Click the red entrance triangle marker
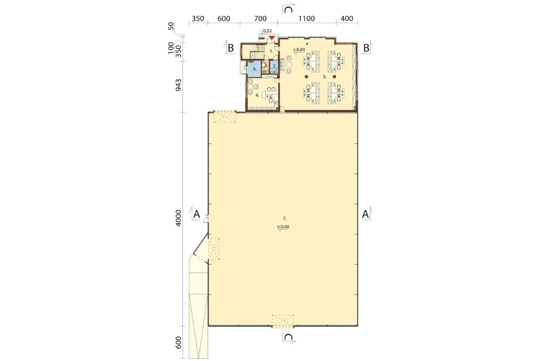click(272, 37)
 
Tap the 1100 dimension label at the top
click(306, 19)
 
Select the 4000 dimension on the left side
click(178, 218)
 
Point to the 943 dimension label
click(178, 85)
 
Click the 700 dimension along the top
click(260, 19)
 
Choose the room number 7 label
click(285, 218)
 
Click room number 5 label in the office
click(325, 77)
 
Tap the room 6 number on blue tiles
click(255, 69)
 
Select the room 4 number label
click(257, 95)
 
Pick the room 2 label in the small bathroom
click(275, 66)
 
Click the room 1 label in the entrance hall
click(272, 51)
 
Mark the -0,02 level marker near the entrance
click(266, 31)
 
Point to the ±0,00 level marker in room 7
click(283, 227)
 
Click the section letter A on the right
click(365, 214)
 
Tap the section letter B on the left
click(230, 48)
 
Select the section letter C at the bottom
click(288, 337)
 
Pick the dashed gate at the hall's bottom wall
click(283, 321)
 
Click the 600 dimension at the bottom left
click(178, 342)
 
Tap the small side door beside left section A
click(206, 219)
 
